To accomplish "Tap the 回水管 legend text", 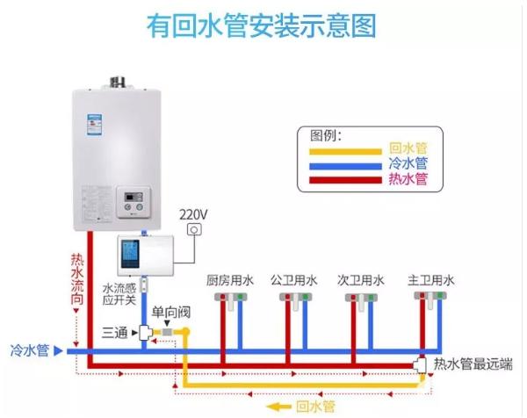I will coord(407,148).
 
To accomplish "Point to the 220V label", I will coord(193,213).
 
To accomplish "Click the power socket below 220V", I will coord(195,230).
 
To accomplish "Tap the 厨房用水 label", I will coord(230,281).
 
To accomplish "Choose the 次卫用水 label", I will coord(361,281).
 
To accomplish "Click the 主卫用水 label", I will coord(430,281).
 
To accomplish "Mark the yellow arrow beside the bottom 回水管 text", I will coord(279,406).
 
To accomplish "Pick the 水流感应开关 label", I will coord(119,294).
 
